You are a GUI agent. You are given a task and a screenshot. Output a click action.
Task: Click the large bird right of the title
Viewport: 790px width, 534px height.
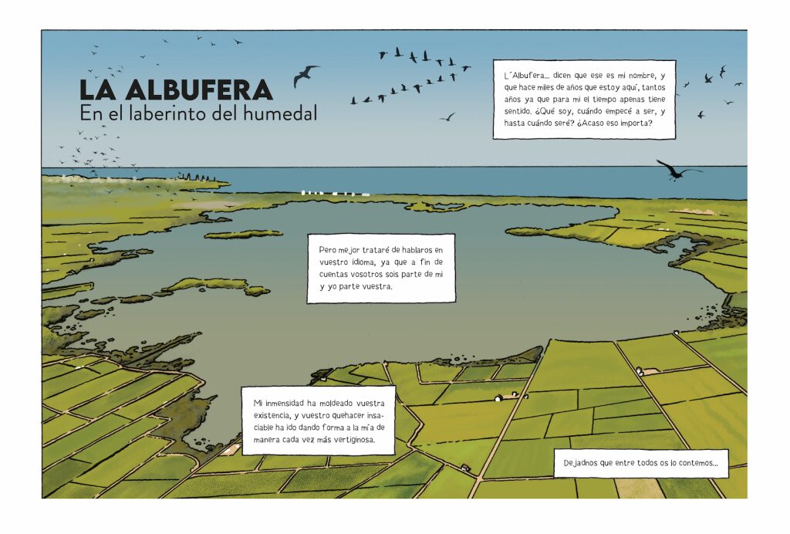tap(306, 75)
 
